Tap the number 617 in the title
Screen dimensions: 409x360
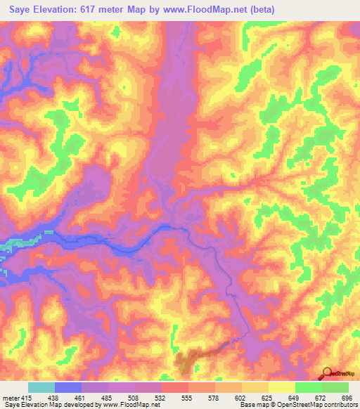[x=96, y=9]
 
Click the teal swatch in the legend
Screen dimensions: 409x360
[x=41, y=387]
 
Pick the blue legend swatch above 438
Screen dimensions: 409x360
[x=68, y=387]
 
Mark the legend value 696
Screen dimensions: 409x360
[x=346, y=397]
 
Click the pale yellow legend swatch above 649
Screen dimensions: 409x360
[x=282, y=387]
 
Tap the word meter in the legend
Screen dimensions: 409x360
[x=12, y=397]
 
